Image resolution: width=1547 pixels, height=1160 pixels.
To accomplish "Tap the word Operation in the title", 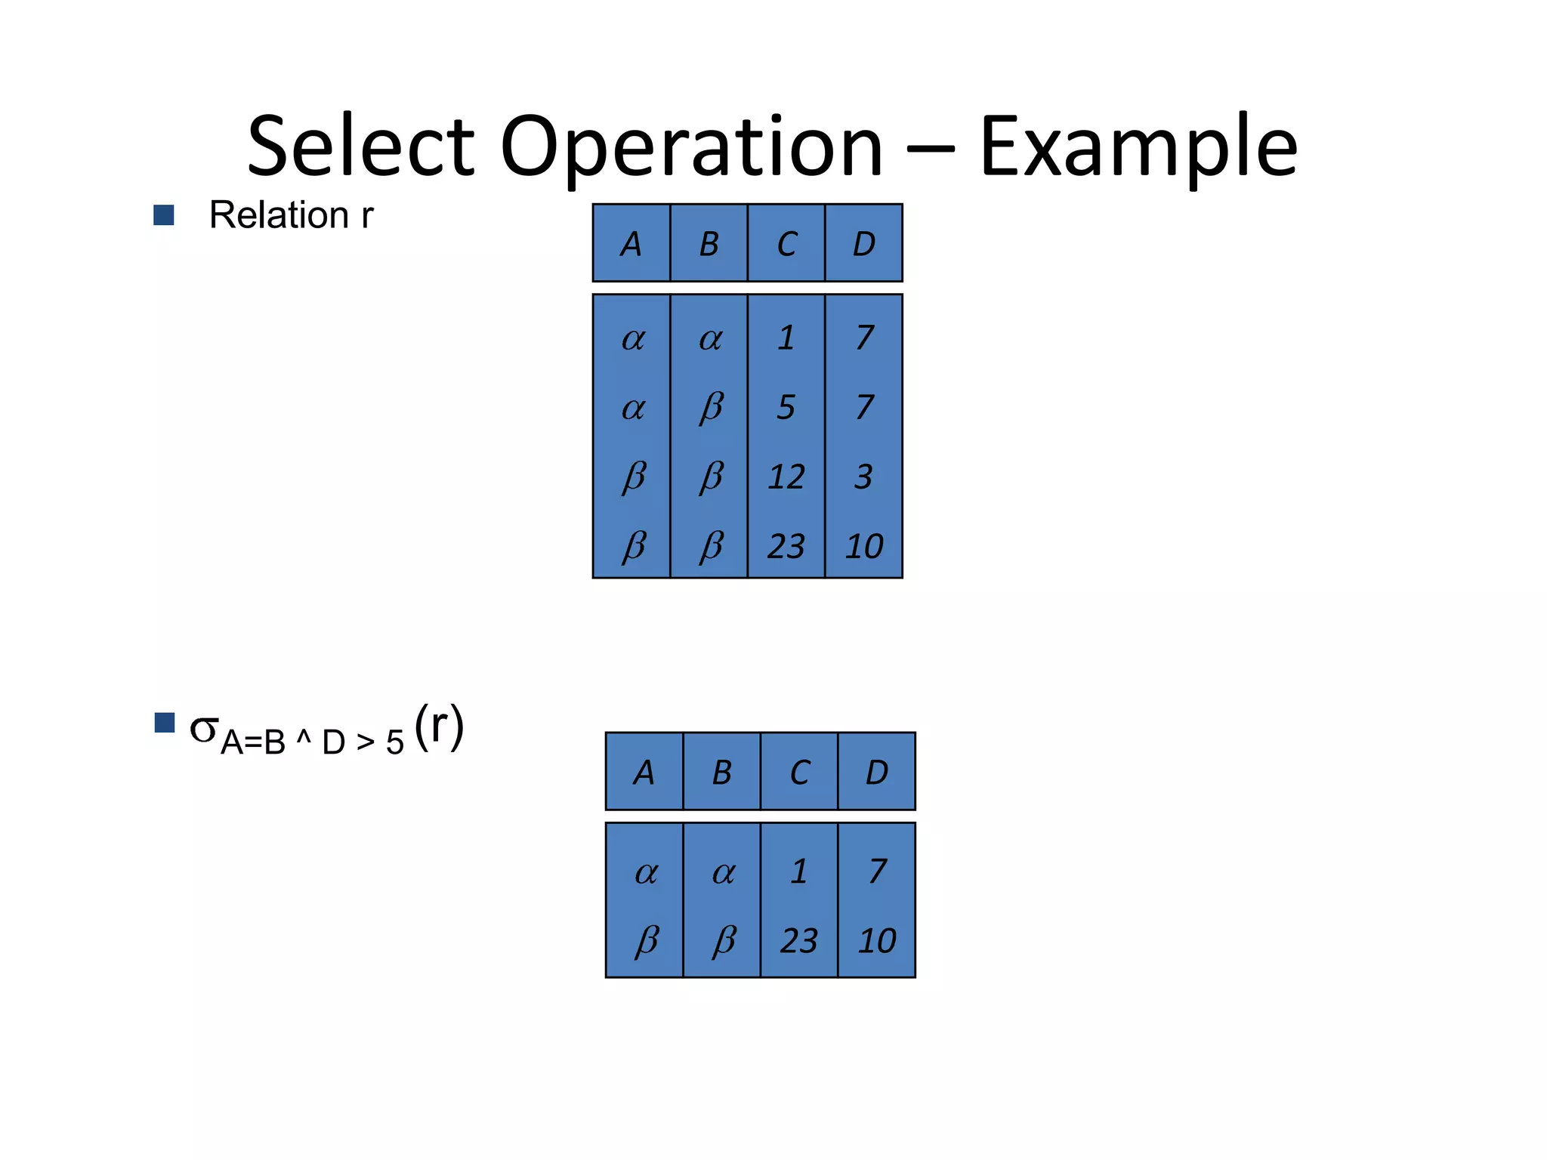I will (690, 147).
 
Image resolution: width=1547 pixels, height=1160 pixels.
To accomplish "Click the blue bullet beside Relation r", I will (164, 215).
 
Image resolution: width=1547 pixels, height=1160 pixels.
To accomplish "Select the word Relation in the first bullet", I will (279, 215).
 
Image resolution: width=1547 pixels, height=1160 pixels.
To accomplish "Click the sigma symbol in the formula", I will (204, 729).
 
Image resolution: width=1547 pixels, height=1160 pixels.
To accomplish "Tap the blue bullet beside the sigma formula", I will (164, 723).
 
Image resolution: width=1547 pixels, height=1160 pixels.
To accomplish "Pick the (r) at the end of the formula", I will (439, 727).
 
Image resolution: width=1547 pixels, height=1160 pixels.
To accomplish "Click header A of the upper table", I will (631, 244).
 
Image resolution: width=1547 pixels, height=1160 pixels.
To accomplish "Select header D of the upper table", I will (863, 244).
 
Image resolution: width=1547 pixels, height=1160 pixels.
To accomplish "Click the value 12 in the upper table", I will (786, 477).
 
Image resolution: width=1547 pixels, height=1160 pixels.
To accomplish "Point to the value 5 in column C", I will (786, 408).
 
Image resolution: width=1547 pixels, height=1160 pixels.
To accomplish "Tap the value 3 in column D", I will (863, 477).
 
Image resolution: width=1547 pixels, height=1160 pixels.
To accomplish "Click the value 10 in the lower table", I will (876, 941).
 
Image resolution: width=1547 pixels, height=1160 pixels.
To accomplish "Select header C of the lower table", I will (799, 773).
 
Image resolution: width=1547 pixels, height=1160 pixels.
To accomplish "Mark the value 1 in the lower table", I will (799, 872).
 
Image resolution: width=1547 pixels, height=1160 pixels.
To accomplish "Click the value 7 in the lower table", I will (876, 872).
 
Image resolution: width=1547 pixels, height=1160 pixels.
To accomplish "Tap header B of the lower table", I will (721, 773).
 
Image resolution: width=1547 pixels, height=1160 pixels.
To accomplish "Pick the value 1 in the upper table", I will (786, 338).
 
